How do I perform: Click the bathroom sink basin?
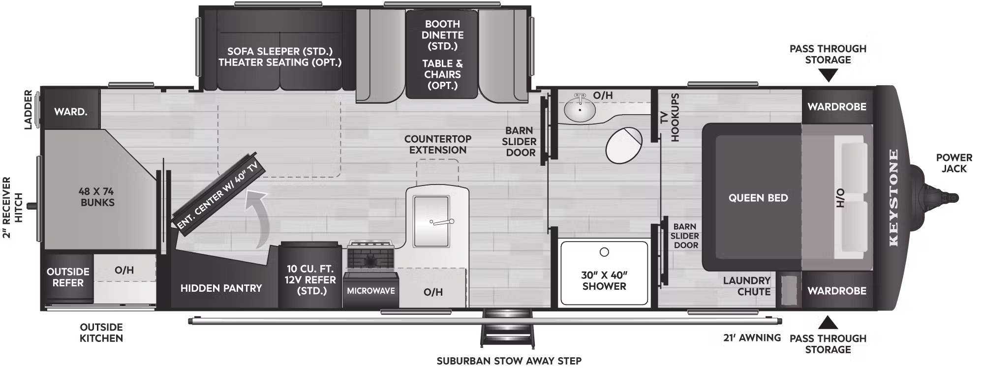580,109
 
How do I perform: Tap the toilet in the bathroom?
624,145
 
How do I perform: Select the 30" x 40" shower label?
604,280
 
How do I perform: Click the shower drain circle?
604,252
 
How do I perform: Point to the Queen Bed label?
758,198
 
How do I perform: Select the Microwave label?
371,291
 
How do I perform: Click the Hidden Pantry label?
221,288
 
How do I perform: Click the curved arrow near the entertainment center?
258,216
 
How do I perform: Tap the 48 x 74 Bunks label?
97,197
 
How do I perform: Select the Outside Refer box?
68,277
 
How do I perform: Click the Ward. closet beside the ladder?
71,112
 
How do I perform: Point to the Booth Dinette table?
442,54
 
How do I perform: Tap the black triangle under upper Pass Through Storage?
828,75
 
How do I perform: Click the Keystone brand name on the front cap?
893,197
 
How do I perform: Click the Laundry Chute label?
746,286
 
